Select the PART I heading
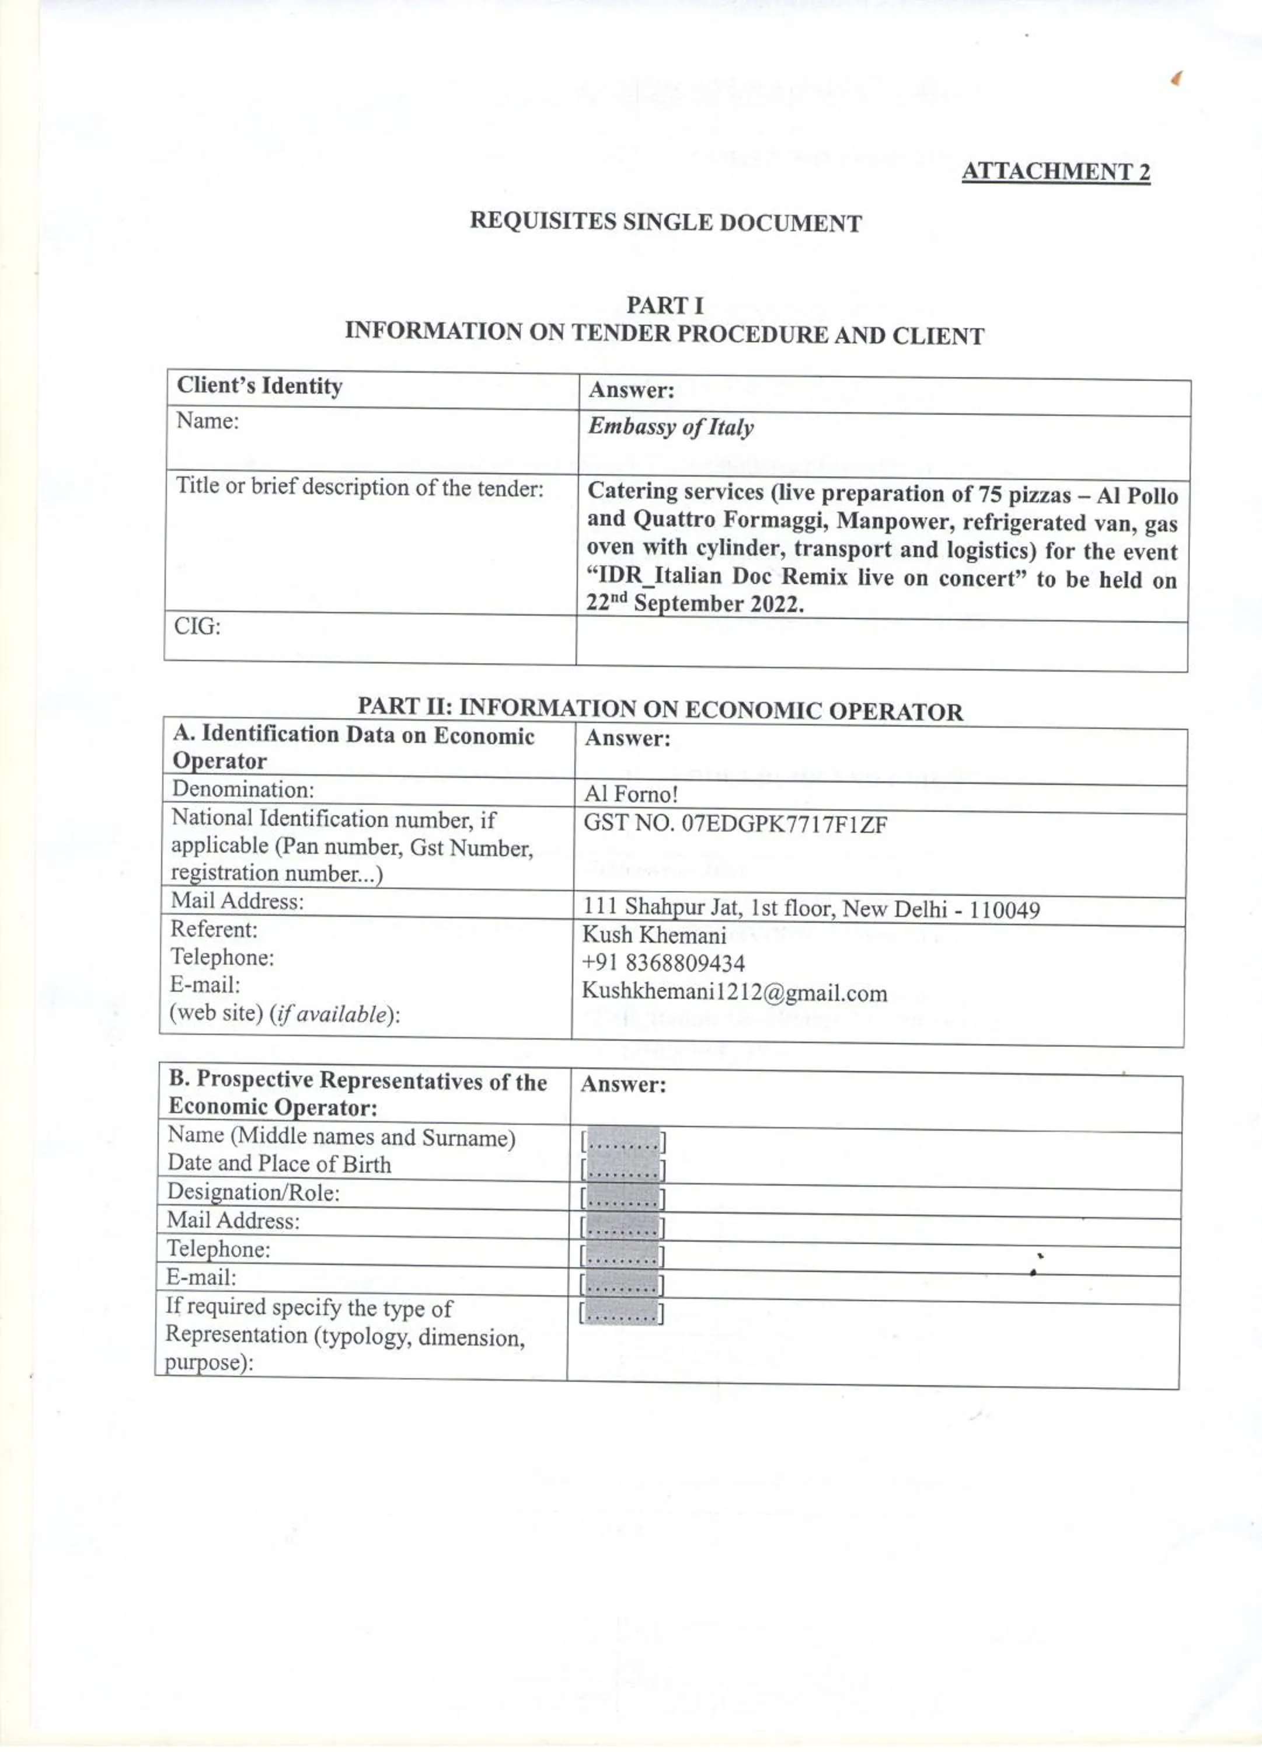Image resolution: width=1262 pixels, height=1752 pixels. click(x=664, y=305)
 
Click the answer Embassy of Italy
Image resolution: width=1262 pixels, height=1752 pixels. click(x=670, y=427)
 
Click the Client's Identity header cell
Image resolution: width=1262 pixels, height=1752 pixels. click(x=260, y=385)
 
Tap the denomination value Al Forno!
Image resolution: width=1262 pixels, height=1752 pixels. click(x=630, y=794)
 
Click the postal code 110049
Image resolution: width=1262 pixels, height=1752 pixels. click(x=1004, y=909)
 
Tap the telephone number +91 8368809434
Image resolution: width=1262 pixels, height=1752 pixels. click(x=664, y=963)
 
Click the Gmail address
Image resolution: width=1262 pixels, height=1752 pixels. click(x=734, y=993)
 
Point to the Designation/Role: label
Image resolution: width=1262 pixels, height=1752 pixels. click(x=253, y=1193)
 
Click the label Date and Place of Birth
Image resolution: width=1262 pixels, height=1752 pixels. click(x=279, y=1164)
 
